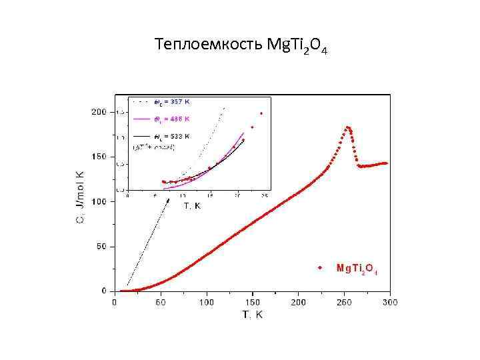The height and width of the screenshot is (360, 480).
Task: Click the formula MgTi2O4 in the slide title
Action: coord(297,46)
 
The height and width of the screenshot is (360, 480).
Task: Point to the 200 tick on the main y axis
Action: coord(99,112)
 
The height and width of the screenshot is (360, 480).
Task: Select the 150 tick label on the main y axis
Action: coord(99,157)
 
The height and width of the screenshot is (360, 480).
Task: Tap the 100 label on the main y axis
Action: coord(99,201)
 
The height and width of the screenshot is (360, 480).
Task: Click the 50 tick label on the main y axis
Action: coord(101,247)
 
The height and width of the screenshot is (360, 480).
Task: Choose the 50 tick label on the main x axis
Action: coord(161,302)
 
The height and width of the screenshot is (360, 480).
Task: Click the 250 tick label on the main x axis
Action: coord(344,302)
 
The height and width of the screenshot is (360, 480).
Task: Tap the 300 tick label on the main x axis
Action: coord(390,302)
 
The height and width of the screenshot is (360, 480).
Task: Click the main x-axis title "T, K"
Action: coord(252,315)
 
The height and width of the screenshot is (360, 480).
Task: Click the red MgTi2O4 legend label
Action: coord(357,269)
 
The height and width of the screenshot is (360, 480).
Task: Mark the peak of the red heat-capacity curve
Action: coord(348,127)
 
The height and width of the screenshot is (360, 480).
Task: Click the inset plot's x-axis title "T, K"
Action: coord(192,206)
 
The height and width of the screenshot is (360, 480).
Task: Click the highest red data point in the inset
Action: coord(261,113)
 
